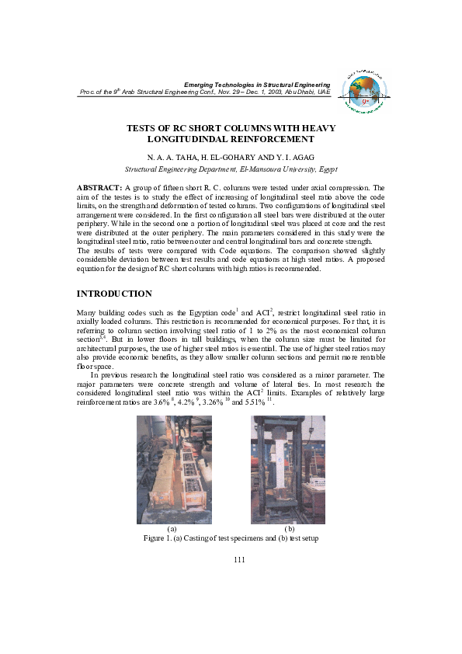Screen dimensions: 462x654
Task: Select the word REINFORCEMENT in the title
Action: [x=273, y=140]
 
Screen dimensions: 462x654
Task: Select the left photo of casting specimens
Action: [x=174, y=469]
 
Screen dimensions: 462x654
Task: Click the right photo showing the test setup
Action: [x=288, y=469]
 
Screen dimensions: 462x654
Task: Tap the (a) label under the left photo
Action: [x=172, y=529]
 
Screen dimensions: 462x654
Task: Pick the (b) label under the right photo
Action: [x=290, y=529]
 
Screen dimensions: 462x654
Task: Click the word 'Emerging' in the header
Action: [x=198, y=84]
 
